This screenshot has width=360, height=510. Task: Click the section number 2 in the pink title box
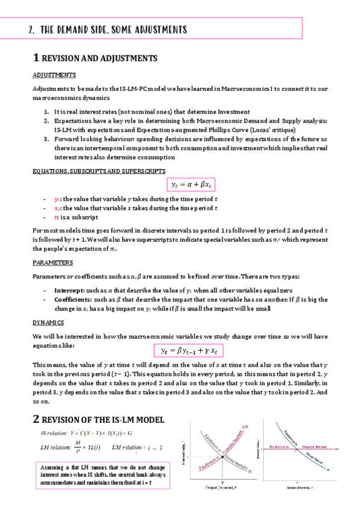tap(31, 29)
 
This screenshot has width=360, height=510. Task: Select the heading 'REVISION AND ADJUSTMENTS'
tap(100, 58)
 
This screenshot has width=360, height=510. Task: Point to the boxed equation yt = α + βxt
tap(191, 184)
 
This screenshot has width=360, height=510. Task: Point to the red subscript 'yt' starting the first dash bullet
tap(56, 200)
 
